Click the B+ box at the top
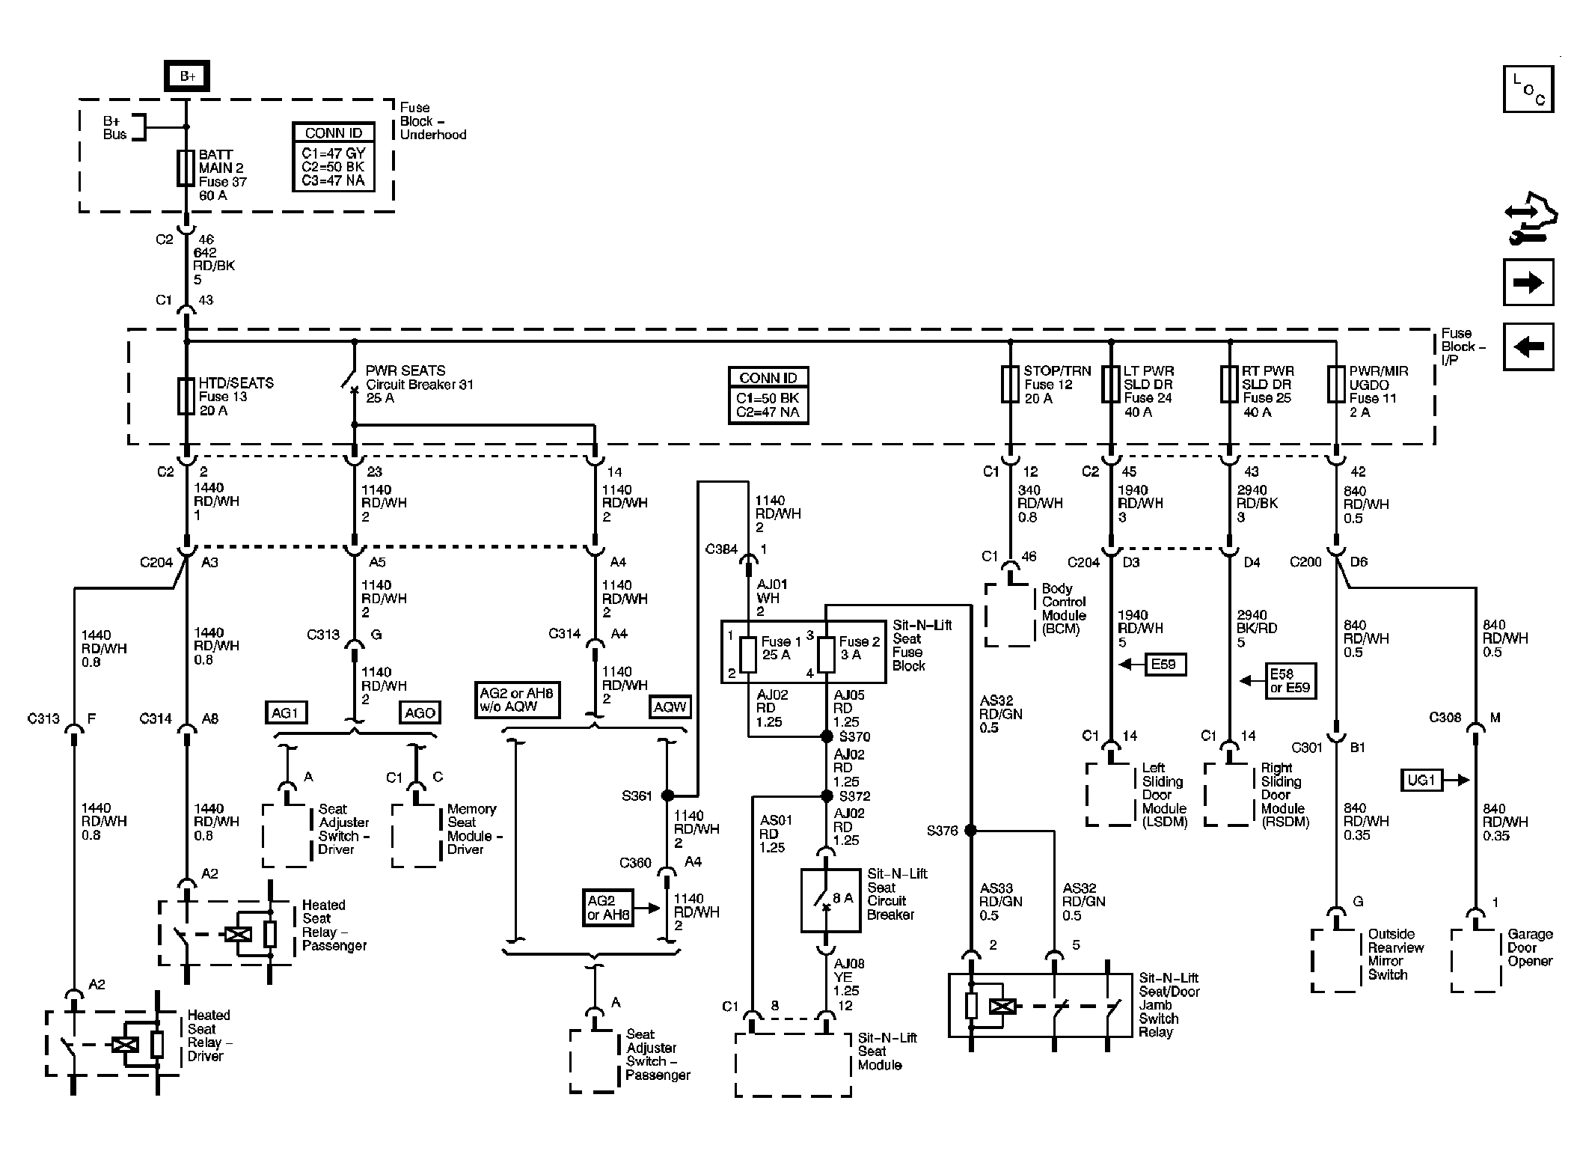coord(187,76)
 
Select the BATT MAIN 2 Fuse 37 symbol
coord(186,168)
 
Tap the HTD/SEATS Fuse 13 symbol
coord(186,396)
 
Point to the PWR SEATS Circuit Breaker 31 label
coord(419,384)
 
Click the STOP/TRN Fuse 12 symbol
coord(1011,384)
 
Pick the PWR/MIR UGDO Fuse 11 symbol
coord(1336,384)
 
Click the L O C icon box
coord(1528,89)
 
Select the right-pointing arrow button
coord(1528,282)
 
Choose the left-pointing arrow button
coord(1528,346)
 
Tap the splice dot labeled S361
coord(667,796)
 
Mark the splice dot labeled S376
coord(970,830)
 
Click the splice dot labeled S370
coord(827,736)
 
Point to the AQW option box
coord(670,707)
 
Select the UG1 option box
coord(1421,781)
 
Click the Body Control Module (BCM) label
coord(1064,608)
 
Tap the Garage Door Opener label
coord(1530,947)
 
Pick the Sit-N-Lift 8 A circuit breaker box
coord(830,900)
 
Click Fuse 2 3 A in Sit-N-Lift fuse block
coord(826,655)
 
